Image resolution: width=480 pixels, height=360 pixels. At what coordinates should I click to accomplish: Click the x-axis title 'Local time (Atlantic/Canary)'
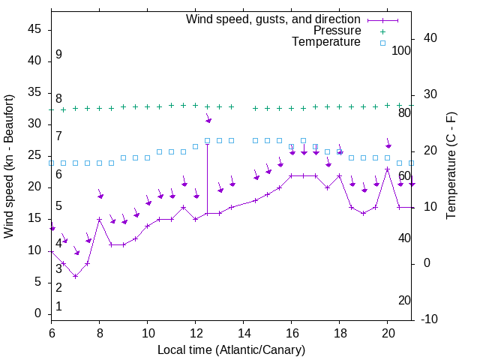tap(231, 350)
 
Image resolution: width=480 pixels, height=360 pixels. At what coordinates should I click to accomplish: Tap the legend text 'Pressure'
tap(337, 31)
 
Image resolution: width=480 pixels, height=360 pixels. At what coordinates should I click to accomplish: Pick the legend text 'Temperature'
tap(326, 42)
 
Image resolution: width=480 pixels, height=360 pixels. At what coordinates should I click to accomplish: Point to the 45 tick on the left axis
tap(34, 29)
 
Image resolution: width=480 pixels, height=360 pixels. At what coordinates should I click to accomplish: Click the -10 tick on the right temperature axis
tap(431, 319)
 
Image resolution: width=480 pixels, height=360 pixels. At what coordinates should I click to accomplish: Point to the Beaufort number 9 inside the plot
tap(58, 55)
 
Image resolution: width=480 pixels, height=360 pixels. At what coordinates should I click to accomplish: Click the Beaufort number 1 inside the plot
tap(58, 307)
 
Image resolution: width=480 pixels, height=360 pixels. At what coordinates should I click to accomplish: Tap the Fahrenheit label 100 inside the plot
tap(401, 50)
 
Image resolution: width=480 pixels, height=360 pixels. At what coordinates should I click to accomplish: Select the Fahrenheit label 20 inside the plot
tap(404, 301)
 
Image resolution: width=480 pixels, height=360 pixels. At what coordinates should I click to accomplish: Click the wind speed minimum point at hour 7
tap(76, 276)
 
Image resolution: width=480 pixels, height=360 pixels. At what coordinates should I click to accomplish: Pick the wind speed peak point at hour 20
tap(388, 169)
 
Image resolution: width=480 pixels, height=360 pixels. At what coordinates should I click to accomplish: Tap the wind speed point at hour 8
tap(100, 220)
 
